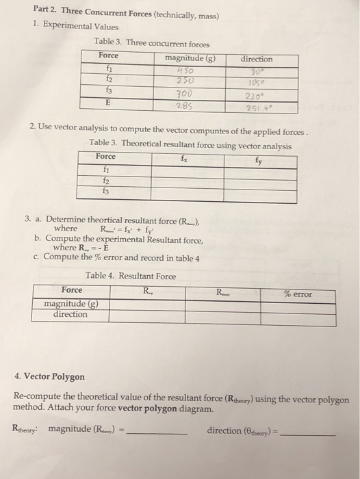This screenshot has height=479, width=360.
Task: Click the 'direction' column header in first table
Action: point(257,59)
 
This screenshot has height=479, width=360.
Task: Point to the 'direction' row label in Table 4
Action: point(70,314)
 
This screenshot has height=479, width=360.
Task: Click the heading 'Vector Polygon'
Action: point(54,376)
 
